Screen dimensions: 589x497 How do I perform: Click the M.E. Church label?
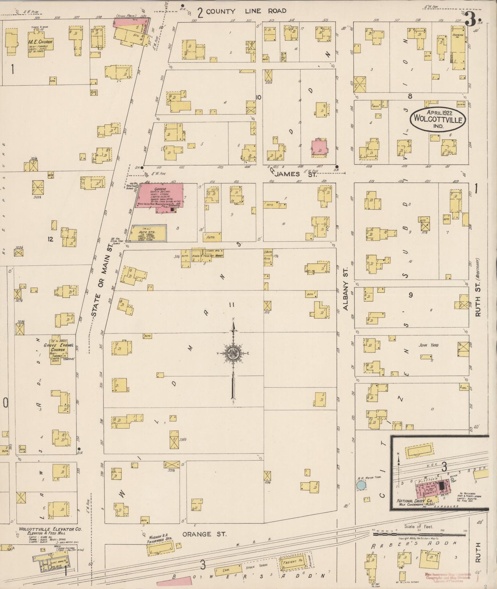click(x=41, y=42)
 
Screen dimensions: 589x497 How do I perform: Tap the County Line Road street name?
click(x=246, y=11)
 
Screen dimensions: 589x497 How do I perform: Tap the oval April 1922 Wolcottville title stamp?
click(x=437, y=119)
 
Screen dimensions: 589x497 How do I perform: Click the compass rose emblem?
click(x=234, y=353)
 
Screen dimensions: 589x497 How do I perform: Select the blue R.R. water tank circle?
click(x=361, y=485)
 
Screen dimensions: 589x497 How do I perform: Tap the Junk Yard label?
click(x=428, y=345)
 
